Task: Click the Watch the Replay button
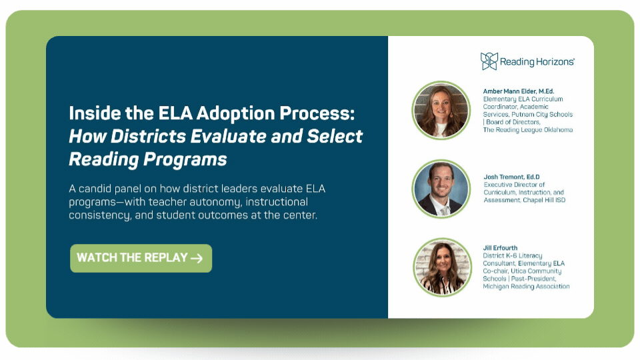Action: (141, 258)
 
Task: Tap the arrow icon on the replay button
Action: (197, 258)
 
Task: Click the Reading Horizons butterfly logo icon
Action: (489, 61)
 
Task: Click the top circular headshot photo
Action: (441, 110)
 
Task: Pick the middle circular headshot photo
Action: (441, 189)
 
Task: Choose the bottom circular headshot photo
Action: (442, 267)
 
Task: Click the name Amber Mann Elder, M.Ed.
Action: (519, 91)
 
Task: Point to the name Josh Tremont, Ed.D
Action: (511, 177)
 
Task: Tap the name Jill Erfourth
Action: (500, 248)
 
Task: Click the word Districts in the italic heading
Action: (148, 136)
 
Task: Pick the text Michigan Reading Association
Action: (526, 287)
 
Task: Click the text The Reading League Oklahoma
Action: (528, 130)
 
